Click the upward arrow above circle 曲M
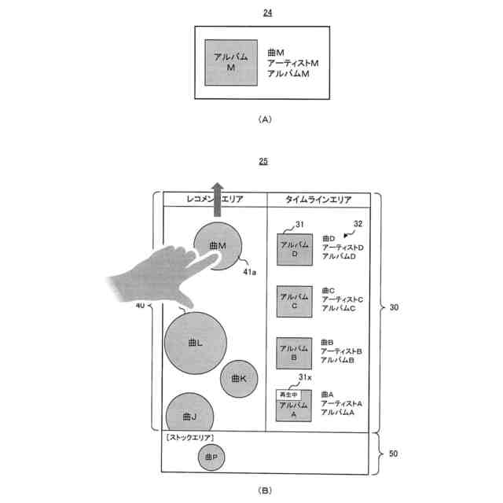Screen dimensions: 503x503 [x=218, y=200]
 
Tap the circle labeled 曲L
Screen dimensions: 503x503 [x=196, y=343]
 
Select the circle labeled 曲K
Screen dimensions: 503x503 [x=239, y=379]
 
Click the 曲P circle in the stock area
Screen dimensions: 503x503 [x=211, y=457]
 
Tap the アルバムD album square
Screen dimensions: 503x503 [x=295, y=250]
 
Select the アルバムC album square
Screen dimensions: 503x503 [x=295, y=302]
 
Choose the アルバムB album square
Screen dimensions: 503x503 [x=294, y=353]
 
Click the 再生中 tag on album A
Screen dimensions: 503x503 [x=288, y=395]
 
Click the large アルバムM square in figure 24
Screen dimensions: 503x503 [x=231, y=63]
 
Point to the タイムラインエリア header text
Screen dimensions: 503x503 [x=318, y=200]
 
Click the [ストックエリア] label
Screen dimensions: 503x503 [x=190, y=438]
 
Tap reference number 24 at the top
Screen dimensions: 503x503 [x=267, y=13]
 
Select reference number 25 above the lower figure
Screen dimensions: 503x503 [x=263, y=161]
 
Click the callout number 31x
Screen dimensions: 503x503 [x=305, y=377]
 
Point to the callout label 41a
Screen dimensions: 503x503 [x=250, y=272]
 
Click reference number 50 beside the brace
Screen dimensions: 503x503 [x=394, y=453]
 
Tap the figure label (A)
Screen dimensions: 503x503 [x=265, y=119]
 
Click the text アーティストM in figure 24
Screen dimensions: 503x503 [x=293, y=63]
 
